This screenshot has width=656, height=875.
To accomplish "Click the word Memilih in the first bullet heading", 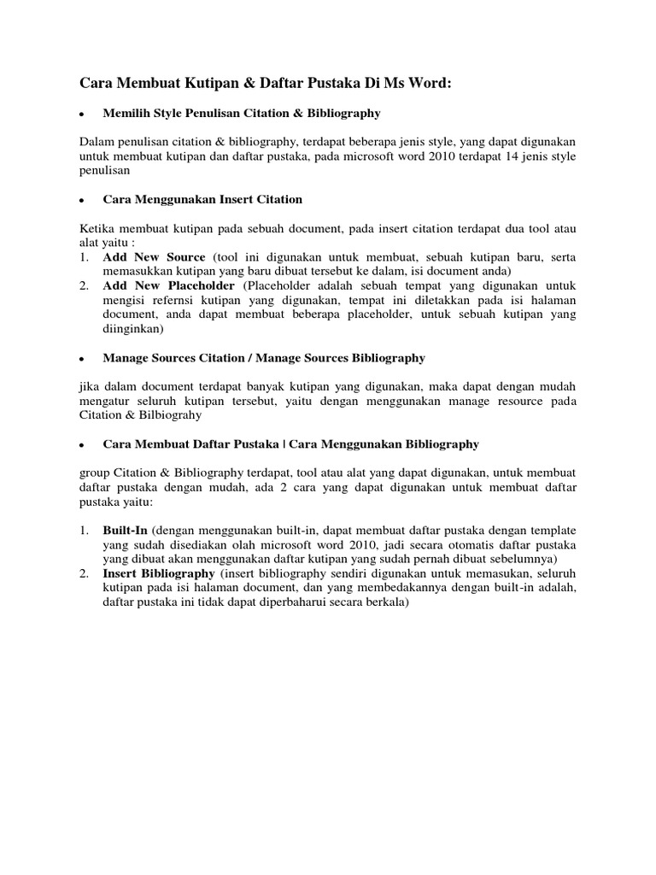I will (125, 113).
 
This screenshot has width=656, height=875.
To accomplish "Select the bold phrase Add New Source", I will (155, 257).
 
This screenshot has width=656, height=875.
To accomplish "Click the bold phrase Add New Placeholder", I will (170, 285).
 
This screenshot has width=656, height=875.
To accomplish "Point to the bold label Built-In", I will (126, 531).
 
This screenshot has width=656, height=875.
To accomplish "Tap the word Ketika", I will (97, 229).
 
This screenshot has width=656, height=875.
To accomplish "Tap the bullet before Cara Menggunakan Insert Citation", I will (79, 201).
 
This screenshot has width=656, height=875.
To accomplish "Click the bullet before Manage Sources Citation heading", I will (79, 359).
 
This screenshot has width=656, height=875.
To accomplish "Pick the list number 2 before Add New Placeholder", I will (83, 285).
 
